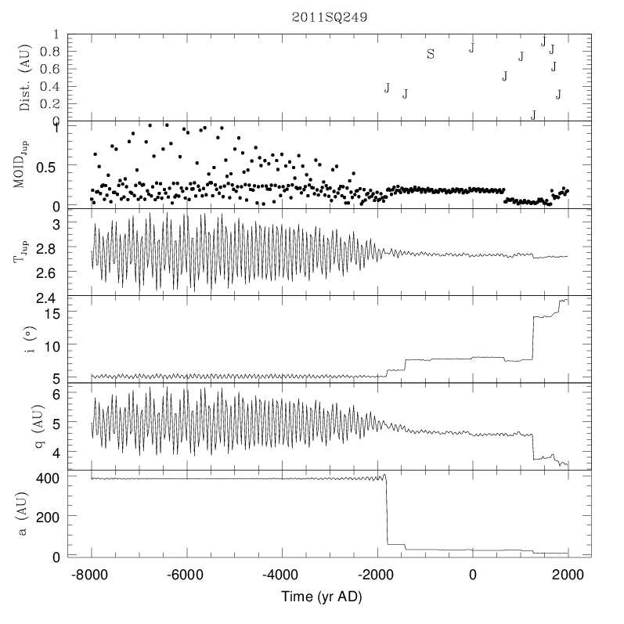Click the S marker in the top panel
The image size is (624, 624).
(431, 54)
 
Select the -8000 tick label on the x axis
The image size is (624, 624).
(92, 574)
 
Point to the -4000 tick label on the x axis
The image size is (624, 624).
(282, 574)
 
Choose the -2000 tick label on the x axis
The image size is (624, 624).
(377, 574)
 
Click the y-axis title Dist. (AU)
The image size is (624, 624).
(24, 78)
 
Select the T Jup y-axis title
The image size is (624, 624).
(24, 252)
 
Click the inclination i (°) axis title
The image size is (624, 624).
(24, 339)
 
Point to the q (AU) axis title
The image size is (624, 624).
(24, 427)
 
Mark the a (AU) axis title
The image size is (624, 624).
(24, 514)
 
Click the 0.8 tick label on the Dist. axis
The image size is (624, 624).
(49, 52)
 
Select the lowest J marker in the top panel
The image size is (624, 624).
(533, 115)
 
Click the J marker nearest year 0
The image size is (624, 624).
(471, 48)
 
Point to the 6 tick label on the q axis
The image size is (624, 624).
(56, 395)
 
